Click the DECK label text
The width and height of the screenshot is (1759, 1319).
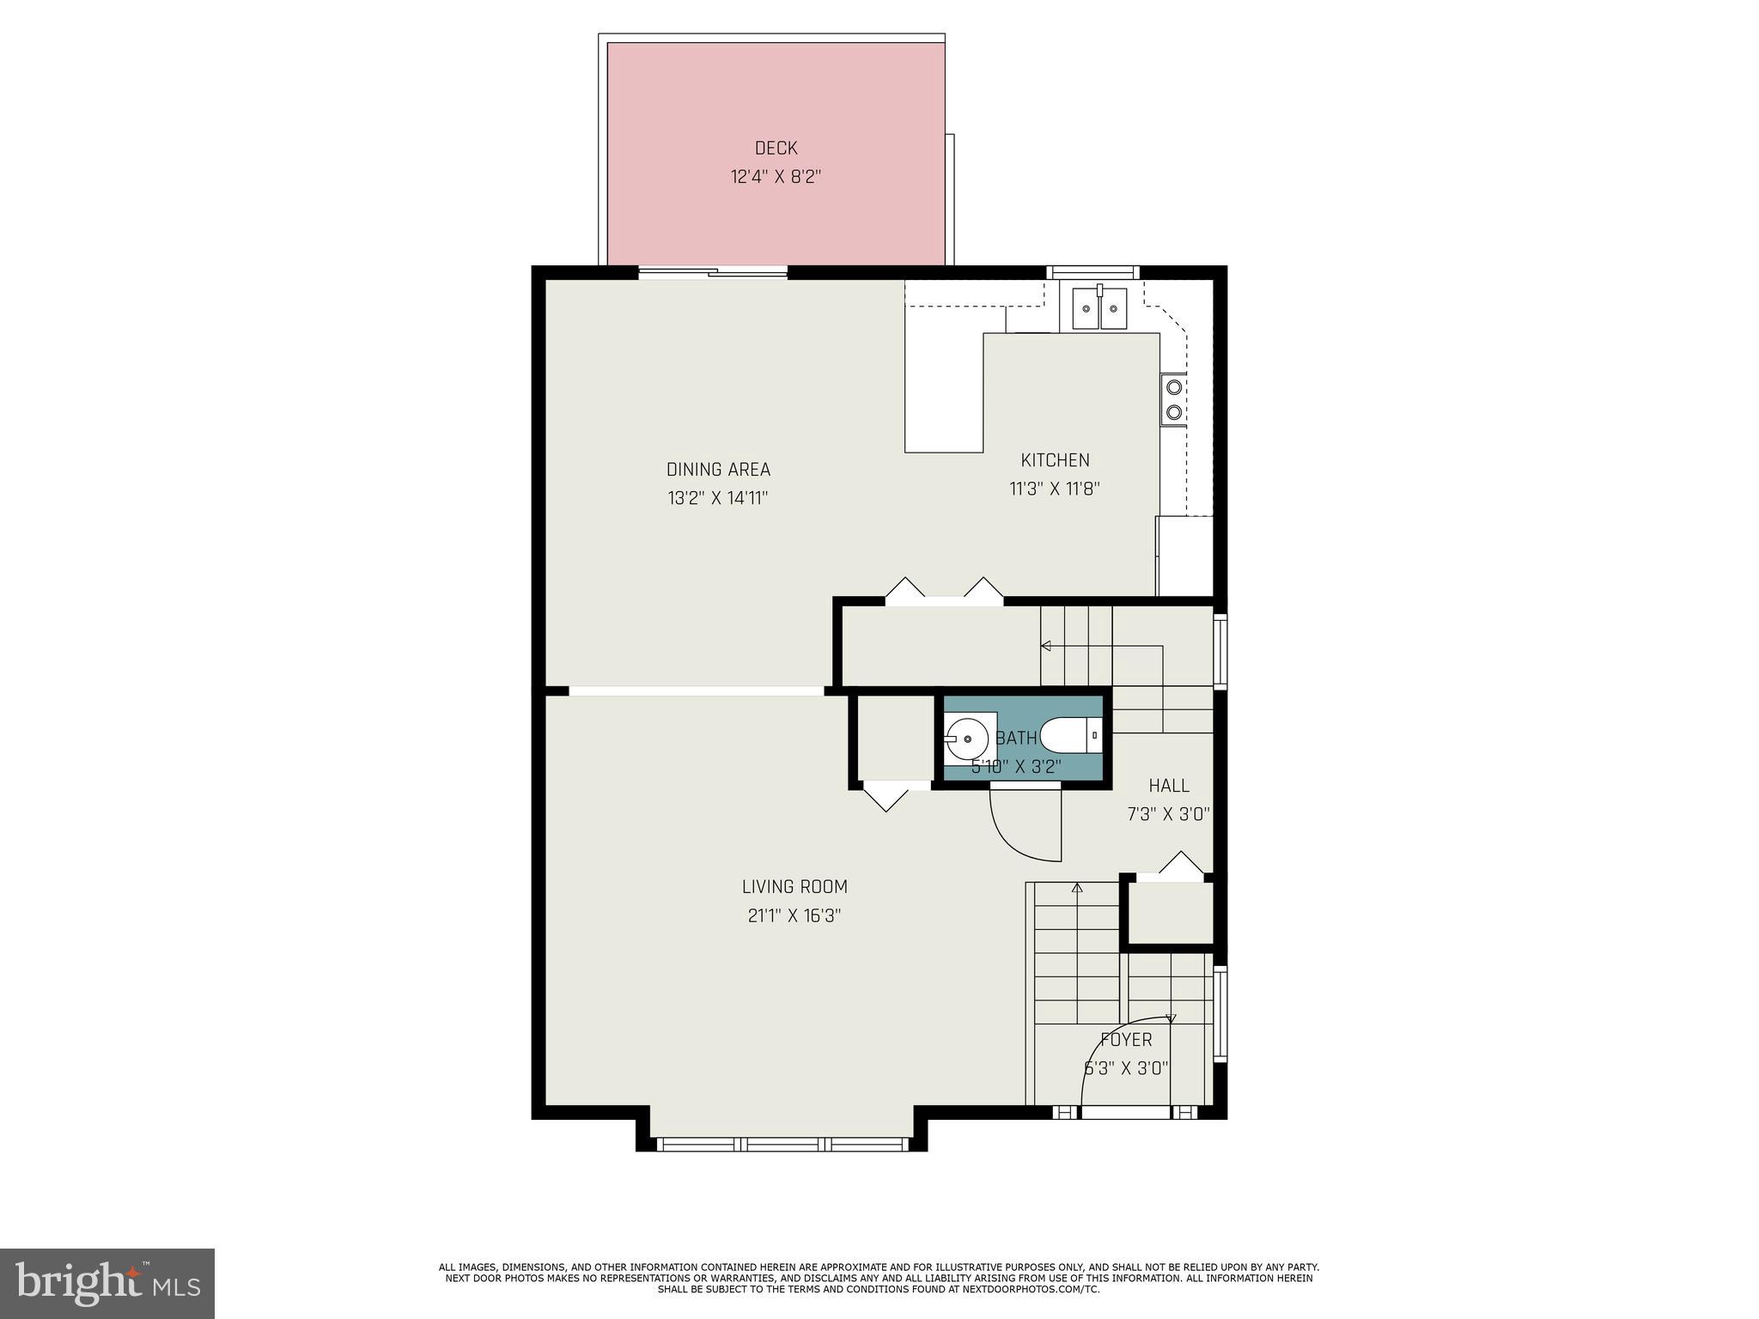pos(776,148)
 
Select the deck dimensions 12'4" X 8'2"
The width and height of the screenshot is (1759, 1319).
pos(776,178)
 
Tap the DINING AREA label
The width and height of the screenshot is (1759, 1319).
pos(718,470)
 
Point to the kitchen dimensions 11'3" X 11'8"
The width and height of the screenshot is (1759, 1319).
pos(1054,489)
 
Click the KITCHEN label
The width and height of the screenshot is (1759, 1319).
pos(1055,460)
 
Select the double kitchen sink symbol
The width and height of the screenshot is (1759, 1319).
pos(1099,308)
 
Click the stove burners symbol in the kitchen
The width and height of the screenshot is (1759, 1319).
pos(1173,399)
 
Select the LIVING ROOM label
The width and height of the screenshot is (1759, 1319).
pos(794,887)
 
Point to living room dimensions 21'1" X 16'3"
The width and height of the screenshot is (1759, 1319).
pos(794,916)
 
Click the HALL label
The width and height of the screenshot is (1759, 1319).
pos(1169,786)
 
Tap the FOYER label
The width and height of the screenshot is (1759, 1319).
pos(1126,1040)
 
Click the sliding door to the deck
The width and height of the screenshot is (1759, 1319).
pos(713,273)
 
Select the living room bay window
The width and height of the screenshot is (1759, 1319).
pos(782,1144)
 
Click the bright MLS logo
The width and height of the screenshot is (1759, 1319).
pos(107,1283)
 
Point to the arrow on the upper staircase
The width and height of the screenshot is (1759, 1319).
pos(1046,646)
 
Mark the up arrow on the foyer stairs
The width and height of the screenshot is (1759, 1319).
pos(1077,888)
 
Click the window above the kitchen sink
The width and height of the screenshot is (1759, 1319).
pos(1093,272)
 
